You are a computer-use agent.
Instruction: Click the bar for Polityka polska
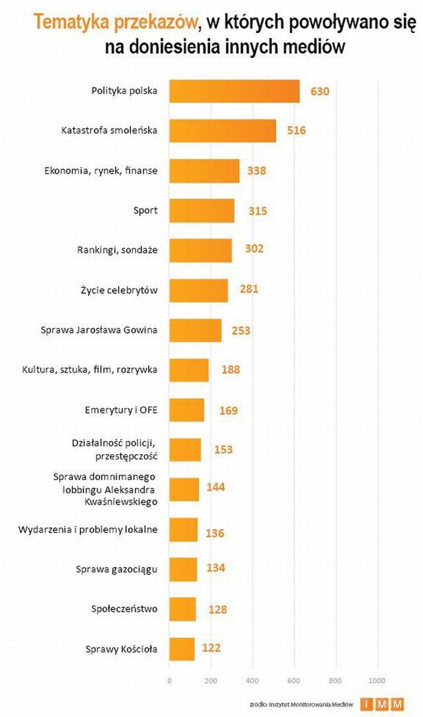(234, 91)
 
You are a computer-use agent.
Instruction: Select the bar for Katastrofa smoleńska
(222, 131)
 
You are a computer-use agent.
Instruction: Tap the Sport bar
(202, 211)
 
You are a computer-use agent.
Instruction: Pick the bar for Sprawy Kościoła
(182, 649)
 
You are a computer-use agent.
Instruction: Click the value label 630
(319, 91)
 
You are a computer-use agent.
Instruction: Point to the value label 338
(256, 171)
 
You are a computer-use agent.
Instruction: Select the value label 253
(241, 330)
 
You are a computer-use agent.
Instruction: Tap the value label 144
(215, 487)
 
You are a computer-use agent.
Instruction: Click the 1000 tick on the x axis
(377, 681)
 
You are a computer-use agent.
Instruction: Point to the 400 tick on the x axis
(252, 681)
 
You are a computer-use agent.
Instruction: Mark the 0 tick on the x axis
(169, 681)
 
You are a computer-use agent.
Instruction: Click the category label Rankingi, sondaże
(120, 250)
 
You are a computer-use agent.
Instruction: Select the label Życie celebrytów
(124, 290)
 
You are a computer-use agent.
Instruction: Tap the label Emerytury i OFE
(121, 409)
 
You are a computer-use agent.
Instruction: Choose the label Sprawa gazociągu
(116, 569)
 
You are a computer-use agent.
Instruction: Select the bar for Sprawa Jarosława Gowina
(195, 330)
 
